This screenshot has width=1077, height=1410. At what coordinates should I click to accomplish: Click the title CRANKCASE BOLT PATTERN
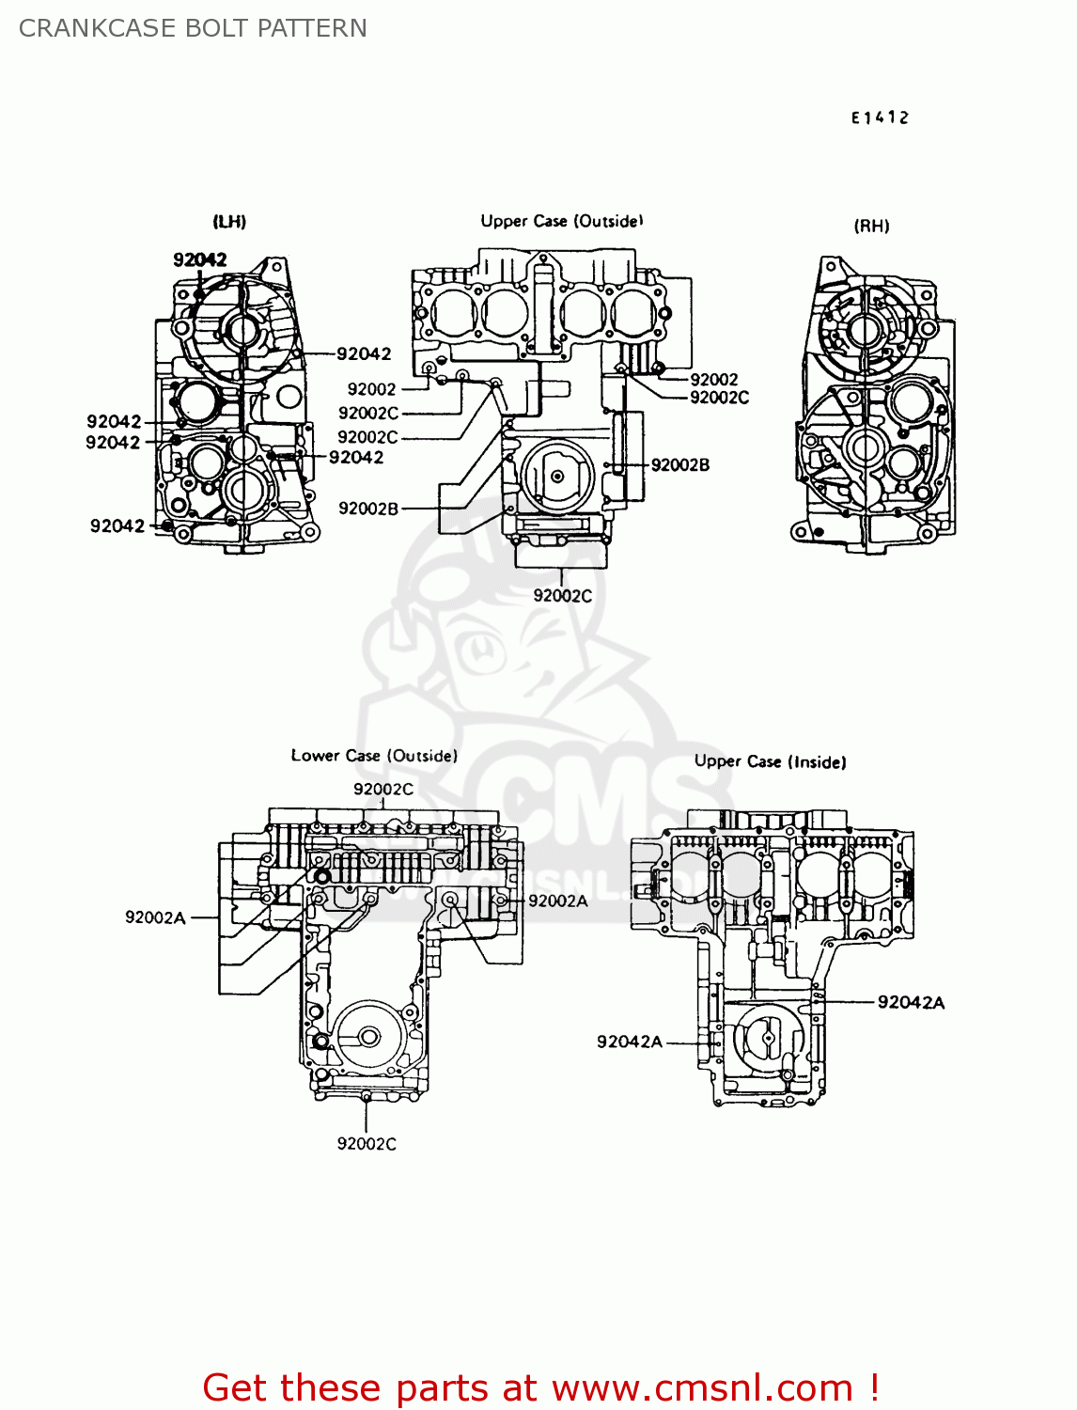[x=193, y=28]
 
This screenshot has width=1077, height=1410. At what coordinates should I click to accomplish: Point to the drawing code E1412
[x=880, y=117]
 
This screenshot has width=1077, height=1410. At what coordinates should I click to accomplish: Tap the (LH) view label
[x=229, y=222]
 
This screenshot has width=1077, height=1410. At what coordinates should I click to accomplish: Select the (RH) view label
[x=871, y=226]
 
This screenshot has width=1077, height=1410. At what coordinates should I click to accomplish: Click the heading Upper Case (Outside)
[x=562, y=221]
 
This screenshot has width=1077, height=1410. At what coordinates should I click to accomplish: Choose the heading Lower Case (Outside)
[x=374, y=756]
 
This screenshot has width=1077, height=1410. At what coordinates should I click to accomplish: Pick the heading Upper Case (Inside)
[x=770, y=761]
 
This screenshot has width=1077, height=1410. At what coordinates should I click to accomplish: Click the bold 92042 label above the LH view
[x=200, y=259]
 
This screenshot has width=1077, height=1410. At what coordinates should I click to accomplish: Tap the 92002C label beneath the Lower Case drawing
[x=367, y=1144]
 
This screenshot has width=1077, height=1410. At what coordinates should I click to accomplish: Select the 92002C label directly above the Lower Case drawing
[x=383, y=789]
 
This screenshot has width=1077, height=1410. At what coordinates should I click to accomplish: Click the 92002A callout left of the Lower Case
[x=155, y=917]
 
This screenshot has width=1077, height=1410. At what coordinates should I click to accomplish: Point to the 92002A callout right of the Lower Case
[x=558, y=901]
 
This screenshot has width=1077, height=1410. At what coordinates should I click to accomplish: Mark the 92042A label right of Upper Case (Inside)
[x=911, y=1002]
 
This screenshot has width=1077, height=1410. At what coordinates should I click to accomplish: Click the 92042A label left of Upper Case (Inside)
[x=630, y=1042]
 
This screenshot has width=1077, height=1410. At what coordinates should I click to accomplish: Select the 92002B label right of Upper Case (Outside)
[x=680, y=464]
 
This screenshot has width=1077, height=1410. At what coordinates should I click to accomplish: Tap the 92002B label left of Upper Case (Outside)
[x=368, y=509]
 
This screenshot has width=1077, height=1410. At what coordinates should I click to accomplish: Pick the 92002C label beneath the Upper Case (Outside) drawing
[x=563, y=595]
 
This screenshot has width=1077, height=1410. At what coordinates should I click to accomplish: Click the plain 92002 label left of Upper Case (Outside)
[x=371, y=389]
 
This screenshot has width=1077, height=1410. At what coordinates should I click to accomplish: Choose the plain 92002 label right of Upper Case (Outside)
[x=714, y=379]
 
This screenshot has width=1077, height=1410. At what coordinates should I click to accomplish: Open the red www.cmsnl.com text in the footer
[x=702, y=1387]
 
